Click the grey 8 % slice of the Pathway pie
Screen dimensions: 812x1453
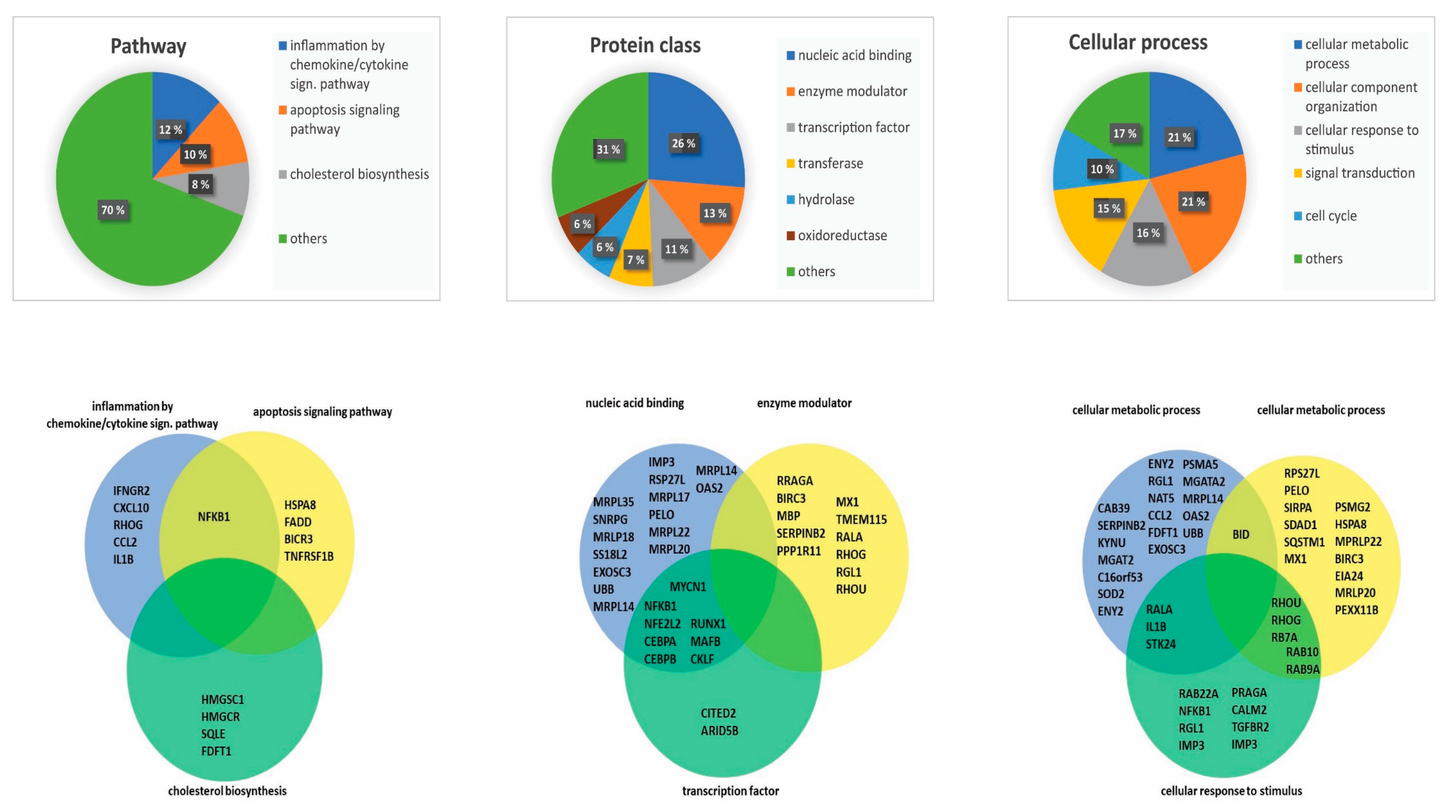coord(226,189)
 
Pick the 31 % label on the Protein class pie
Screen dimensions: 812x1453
coord(608,149)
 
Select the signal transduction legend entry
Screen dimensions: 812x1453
coord(1359,173)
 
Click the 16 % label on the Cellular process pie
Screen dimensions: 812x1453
coord(1148,233)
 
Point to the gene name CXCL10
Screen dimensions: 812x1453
coord(131,507)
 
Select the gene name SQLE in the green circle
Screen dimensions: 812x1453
coord(213,734)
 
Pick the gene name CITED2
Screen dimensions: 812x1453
coord(718,713)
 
